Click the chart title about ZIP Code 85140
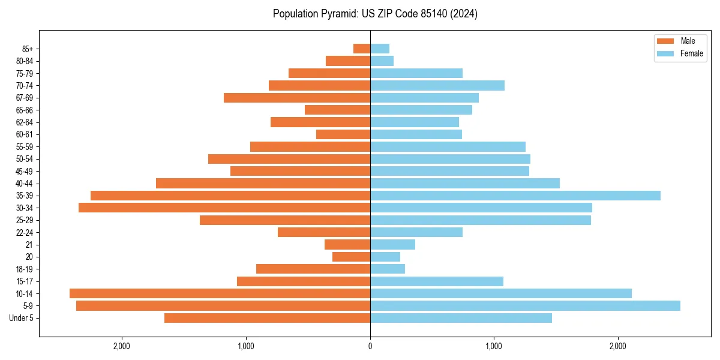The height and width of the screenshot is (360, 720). tap(375, 14)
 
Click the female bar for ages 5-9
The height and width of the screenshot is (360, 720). tap(525, 305)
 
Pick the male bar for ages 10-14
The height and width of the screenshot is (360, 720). tap(220, 293)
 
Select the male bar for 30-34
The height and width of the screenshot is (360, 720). tap(224, 208)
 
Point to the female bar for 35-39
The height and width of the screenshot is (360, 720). tap(515, 196)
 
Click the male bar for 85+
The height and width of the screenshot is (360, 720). tap(362, 49)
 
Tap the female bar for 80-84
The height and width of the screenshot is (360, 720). tap(382, 61)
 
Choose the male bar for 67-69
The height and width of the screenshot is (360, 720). tap(297, 98)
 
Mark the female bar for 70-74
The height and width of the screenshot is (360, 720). tap(437, 85)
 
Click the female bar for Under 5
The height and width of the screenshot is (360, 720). tap(461, 318)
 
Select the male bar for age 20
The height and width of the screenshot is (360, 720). tap(351, 257)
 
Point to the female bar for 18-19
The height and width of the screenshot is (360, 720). tap(388, 269)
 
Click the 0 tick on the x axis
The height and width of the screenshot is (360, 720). tap(370, 346)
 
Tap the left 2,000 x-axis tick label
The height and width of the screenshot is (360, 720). tap(122, 346)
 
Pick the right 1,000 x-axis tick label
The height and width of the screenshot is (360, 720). tap(494, 346)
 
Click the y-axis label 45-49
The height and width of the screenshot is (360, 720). tap(25, 171)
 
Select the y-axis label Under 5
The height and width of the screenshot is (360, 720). tap(22, 318)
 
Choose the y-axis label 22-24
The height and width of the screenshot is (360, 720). tap(25, 232)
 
